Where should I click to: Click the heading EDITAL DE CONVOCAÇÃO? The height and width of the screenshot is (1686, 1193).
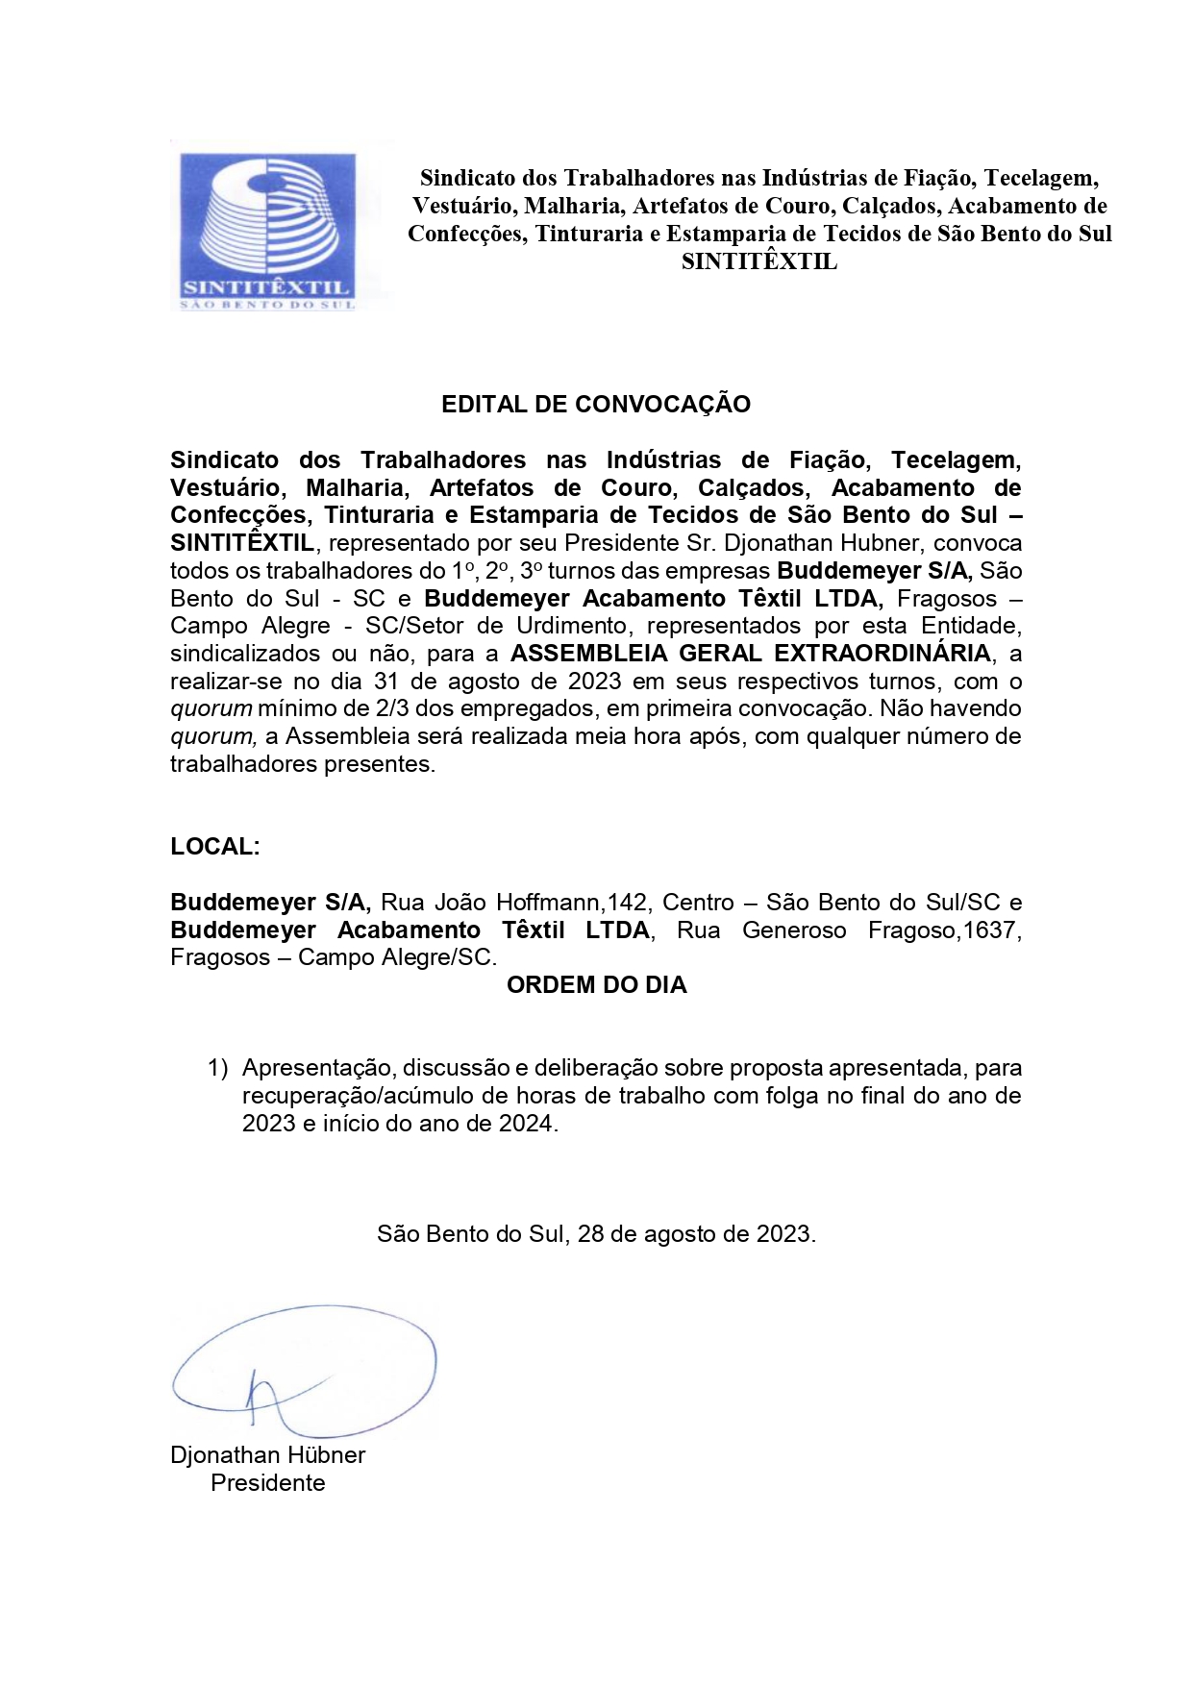595,405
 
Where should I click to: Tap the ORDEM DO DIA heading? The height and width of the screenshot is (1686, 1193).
596,985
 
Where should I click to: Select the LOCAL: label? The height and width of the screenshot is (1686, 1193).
215,847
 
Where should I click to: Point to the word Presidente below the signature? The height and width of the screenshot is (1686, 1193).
267,1483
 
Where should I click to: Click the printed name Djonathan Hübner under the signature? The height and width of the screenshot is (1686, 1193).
267,1455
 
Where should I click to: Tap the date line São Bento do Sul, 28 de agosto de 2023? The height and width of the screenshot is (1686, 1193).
596,1234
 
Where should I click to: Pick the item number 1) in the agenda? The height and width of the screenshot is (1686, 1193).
217,1068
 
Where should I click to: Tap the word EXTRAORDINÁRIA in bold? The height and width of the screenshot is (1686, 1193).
882,654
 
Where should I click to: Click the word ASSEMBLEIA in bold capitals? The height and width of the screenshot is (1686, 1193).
589,654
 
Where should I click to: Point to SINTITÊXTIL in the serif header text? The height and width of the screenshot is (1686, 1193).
758,261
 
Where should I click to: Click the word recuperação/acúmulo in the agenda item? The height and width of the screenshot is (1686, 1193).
363,1096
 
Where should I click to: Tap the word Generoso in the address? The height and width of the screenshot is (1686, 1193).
794,930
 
